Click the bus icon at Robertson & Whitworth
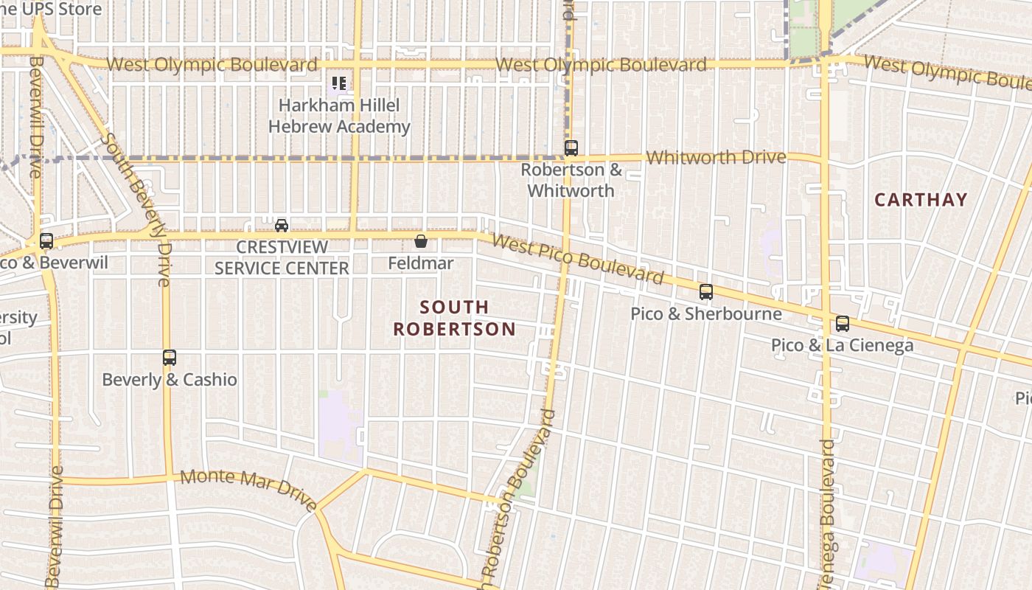tap(571, 147)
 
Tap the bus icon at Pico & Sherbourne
tap(705, 292)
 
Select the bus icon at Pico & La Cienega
tap(842, 323)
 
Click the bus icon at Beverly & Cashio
tap(170, 358)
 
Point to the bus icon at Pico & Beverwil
tap(46, 240)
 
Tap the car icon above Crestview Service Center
tap(282, 225)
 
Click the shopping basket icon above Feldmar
tap(421, 241)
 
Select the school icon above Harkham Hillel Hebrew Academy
tap(339, 83)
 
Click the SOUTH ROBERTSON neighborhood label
tap(454, 318)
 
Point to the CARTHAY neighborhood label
tap(921, 200)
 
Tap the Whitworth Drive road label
tap(716, 157)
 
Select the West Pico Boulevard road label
tap(577, 260)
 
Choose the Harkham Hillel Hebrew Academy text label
tap(339, 116)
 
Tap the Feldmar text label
tap(421, 263)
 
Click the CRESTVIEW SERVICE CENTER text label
tap(282, 257)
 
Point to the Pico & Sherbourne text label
tap(705, 314)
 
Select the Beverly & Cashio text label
tap(170, 380)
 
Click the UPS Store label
tap(51, 10)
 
